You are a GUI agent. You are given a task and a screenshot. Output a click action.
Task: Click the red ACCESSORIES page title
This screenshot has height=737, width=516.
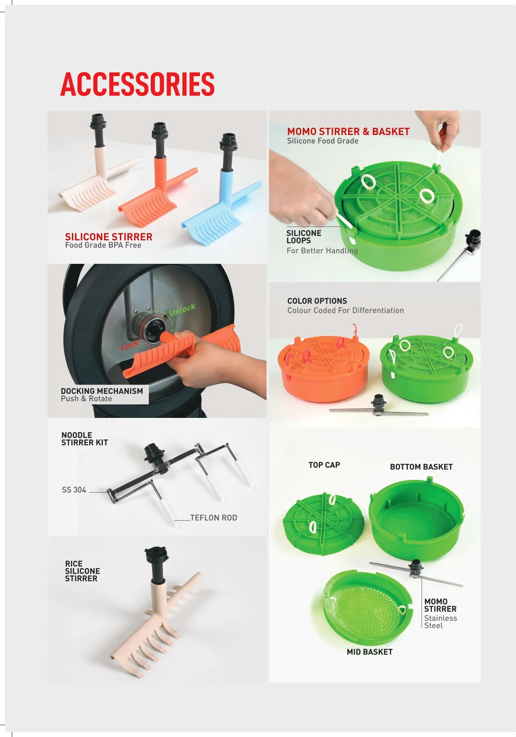[137, 84]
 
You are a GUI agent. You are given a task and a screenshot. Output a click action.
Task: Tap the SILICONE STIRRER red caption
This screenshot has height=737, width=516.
[109, 237]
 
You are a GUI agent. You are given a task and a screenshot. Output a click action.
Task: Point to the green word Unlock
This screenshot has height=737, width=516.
[182, 310]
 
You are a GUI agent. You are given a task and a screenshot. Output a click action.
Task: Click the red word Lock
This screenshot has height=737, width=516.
[130, 346]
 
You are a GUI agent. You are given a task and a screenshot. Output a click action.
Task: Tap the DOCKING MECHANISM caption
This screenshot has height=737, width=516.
[102, 391]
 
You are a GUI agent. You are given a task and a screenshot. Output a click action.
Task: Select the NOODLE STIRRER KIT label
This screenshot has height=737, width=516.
[85, 439]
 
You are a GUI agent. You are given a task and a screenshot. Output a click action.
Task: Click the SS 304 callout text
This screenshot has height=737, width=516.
[74, 490]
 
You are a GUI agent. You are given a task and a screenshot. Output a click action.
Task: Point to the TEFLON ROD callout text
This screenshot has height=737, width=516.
[214, 517]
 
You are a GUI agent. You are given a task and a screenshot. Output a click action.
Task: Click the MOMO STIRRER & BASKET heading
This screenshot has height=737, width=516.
[348, 131]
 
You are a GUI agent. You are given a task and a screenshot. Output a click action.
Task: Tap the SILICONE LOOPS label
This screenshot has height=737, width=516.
[304, 237]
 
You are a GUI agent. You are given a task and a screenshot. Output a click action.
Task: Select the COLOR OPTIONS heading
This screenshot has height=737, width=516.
[317, 301]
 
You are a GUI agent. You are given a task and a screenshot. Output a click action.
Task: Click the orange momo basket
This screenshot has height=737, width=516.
[324, 368]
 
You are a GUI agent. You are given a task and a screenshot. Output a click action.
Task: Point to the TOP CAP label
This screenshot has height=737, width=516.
[324, 465]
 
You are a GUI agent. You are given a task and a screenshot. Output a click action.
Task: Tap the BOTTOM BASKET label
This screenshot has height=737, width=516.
[421, 467]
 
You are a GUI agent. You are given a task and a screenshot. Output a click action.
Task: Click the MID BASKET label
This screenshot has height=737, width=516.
[370, 652]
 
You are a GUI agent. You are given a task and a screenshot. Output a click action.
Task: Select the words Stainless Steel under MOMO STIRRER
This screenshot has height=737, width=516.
[440, 622]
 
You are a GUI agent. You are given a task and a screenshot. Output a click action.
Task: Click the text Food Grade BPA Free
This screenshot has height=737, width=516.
[103, 245]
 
